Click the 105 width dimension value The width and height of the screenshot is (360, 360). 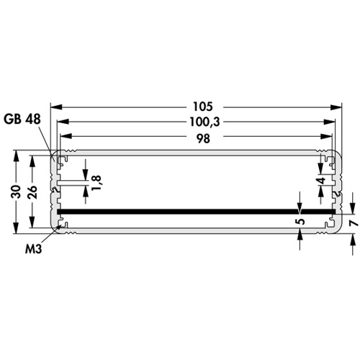203,107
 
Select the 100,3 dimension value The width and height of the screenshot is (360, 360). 204,122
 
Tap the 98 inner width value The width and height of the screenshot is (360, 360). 203,139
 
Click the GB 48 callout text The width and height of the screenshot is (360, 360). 22,120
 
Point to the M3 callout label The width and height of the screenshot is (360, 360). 34,249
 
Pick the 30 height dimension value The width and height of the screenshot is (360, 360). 16,192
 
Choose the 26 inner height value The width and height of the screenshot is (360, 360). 32,192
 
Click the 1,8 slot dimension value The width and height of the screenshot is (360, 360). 96,183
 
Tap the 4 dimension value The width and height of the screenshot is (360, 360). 322,180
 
